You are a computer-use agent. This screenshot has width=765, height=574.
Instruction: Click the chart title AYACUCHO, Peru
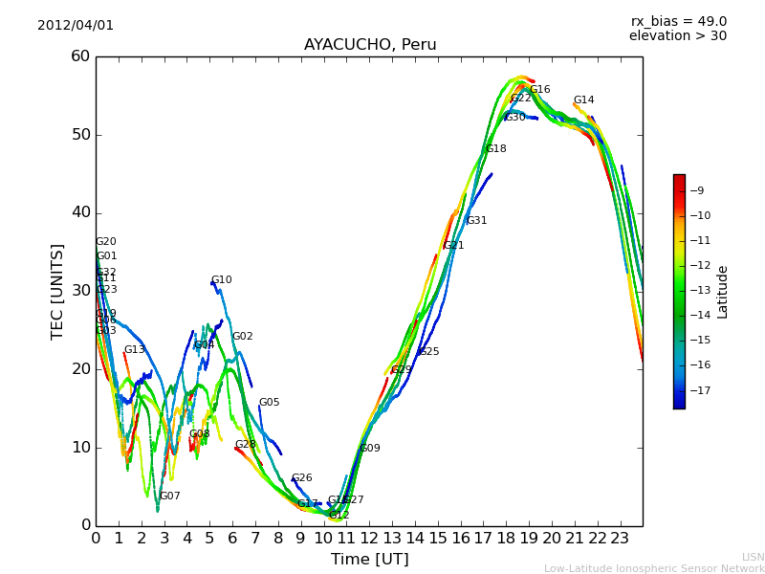click(370, 45)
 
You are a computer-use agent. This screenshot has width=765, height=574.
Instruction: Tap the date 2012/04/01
click(76, 26)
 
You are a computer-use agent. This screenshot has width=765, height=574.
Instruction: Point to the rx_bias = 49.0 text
click(678, 22)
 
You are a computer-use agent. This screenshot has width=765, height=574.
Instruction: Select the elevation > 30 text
click(677, 36)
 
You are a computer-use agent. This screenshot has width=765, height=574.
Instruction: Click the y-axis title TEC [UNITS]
click(57, 291)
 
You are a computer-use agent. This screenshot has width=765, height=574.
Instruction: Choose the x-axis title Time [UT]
click(369, 559)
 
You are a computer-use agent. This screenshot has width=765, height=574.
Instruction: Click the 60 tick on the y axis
click(79, 56)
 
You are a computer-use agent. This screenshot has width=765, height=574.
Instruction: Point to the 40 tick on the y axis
click(79, 212)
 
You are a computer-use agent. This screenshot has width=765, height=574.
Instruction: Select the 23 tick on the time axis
click(620, 539)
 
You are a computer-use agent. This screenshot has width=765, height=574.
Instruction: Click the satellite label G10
click(222, 280)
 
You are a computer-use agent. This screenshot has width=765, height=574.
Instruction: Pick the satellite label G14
click(583, 100)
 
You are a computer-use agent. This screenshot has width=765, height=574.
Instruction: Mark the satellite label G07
click(170, 497)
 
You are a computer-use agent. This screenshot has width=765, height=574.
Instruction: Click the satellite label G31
click(476, 221)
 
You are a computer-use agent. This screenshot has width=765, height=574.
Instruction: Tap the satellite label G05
click(269, 403)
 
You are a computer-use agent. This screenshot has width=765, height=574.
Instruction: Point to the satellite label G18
click(496, 149)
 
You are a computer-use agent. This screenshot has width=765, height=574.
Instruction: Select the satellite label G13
click(134, 350)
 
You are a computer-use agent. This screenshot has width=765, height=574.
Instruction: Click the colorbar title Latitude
click(723, 292)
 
